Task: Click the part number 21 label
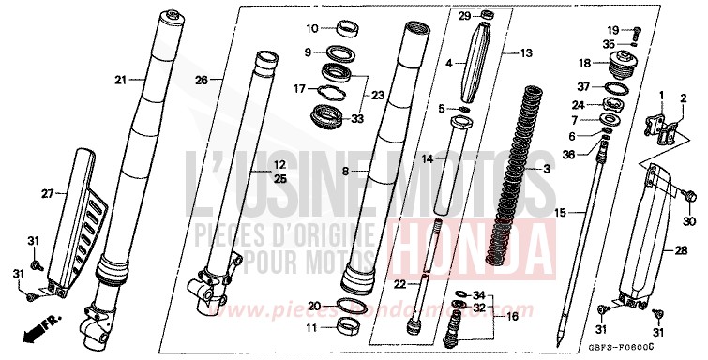click(x=119, y=80)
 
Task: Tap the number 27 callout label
click(x=48, y=194)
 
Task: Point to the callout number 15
click(x=561, y=214)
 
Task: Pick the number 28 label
click(x=695, y=250)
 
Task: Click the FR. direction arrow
click(x=41, y=329)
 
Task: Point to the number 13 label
click(x=525, y=52)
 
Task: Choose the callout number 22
click(x=399, y=284)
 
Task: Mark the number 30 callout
click(x=691, y=221)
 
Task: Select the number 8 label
click(x=345, y=172)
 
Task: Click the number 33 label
click(x=356, y=119)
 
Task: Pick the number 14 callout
click(x=427, y=159)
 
